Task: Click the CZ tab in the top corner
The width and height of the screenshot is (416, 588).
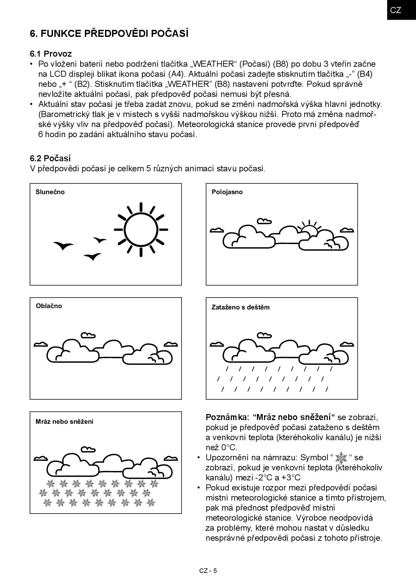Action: point(396,10)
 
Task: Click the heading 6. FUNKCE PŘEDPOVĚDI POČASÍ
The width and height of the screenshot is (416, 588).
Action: point(109,34)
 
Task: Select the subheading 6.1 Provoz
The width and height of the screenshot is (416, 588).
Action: point(51,54)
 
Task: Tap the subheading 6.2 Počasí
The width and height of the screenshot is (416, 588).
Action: point(50,158)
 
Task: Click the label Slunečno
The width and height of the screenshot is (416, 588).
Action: point(50,192)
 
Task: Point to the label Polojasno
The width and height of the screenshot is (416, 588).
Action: point(227,192)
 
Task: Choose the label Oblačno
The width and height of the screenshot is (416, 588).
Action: point(49,306)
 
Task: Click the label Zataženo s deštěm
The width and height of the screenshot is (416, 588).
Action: point(240,307)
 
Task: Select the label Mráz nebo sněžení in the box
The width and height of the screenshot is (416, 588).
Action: point(64,421)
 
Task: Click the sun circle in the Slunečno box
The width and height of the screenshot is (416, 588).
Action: point(141,230)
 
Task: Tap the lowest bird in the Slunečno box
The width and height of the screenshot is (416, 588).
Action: point(92,257)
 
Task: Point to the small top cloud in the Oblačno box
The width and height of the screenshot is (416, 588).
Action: point(88,335)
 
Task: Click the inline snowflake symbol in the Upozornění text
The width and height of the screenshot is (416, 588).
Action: point(341,458)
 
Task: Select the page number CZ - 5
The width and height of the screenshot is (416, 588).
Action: point(208,571)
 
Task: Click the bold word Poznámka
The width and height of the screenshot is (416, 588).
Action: point(227,417)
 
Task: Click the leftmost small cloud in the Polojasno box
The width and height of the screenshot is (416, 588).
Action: point(217,230)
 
